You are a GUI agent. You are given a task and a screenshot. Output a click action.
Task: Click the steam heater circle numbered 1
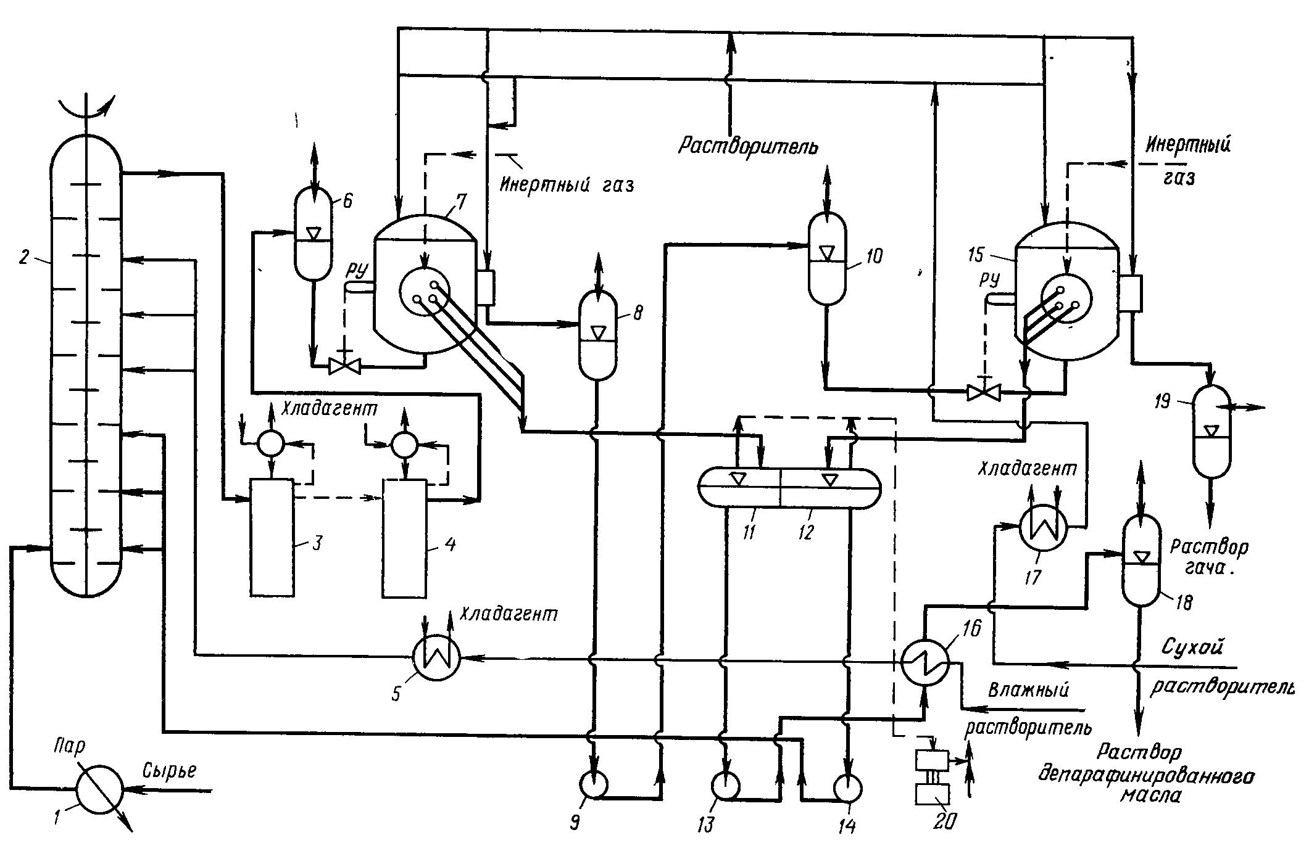[x=99, y=788]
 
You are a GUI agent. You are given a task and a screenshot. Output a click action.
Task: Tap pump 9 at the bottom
[x=594, y=784]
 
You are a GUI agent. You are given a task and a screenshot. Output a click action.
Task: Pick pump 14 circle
[x=848, y=787]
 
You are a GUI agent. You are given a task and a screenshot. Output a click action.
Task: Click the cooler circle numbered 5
[x=436, y=659]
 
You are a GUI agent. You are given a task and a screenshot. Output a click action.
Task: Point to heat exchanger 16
[x=924, y=660]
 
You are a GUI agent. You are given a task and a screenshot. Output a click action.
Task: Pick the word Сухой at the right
[x=1192, y=647]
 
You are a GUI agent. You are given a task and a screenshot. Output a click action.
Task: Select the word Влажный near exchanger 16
[x=1029, y=689]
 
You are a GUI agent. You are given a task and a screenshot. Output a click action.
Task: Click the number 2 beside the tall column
[x=24, y=258]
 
